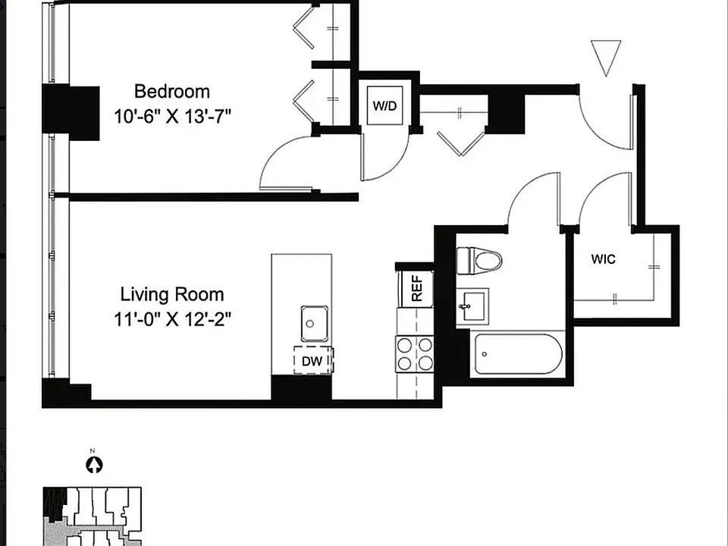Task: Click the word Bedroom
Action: click(172, 92)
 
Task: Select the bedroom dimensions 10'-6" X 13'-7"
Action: click(172, 116)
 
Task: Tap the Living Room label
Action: click(172, 294)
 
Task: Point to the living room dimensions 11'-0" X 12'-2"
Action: click(172, 319)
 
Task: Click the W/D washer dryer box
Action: click(385, 105)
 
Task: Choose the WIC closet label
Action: click(603, 259)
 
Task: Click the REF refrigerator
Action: click(416, 288)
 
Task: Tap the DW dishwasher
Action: click(313, 360)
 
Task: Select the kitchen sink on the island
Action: click(314, 323)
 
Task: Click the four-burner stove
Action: click(415, 354)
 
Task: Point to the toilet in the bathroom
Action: click(479, 261)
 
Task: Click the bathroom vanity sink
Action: click(472, 306)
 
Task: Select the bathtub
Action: click(519, 354)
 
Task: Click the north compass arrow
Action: click(95, 465)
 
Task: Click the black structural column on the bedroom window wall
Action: click(71, 113)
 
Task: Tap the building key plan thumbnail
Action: click(92, 516)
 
